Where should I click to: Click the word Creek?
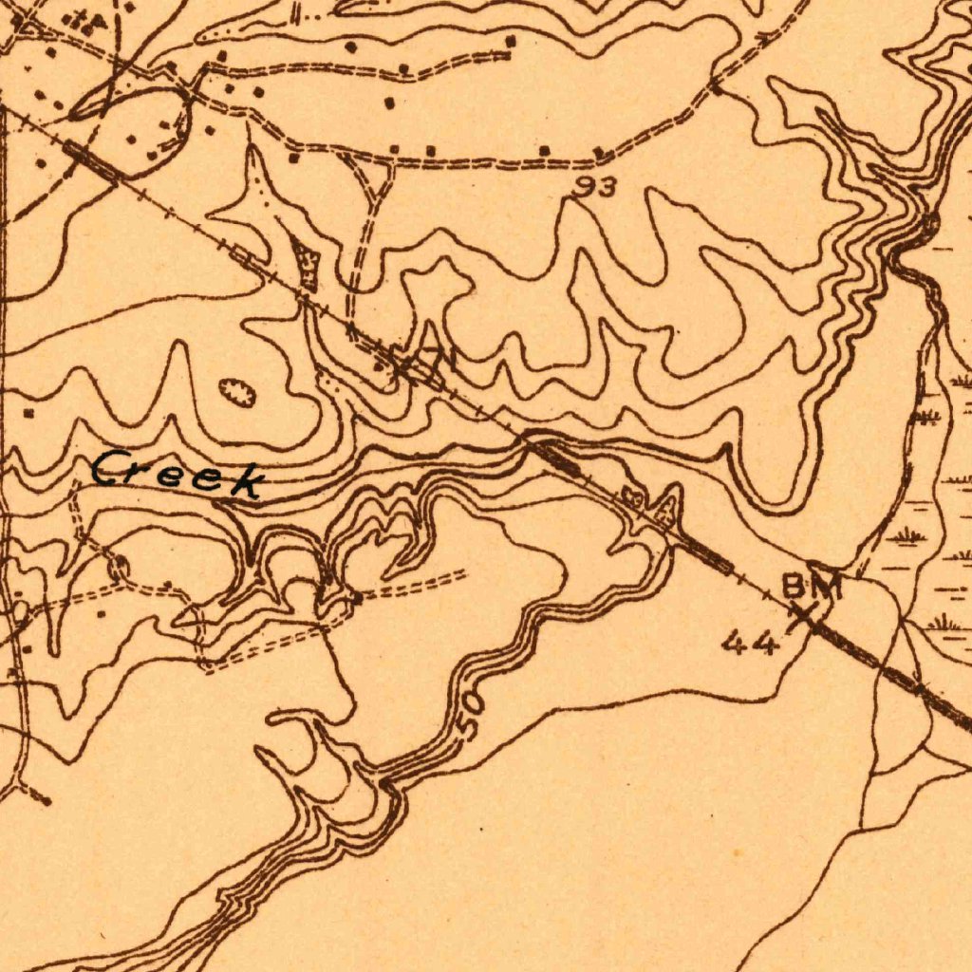tap(178, 474)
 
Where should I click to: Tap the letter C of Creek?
tap(108, 468)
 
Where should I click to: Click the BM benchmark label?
tap(812, 587)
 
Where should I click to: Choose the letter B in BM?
tap(796, 587)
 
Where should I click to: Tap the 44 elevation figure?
tap(750, 645)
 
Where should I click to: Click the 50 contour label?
tap(471, 715)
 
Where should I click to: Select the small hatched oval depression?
tap(237, 391)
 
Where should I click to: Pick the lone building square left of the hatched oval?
tap(29, 414)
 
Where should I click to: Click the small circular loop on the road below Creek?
tap(118, 568)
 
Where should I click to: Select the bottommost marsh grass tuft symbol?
tap(945, 624)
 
